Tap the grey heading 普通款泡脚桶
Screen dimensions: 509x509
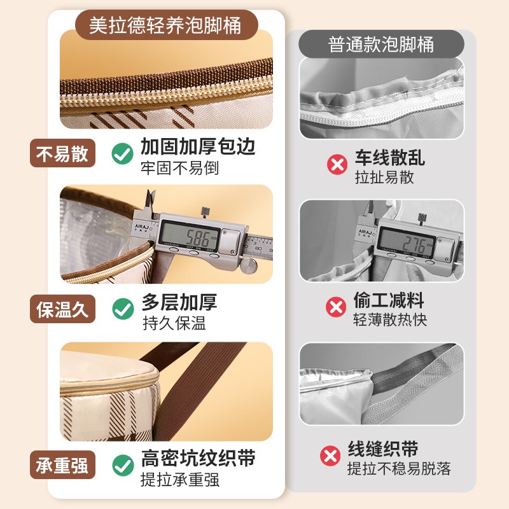coord(381,45)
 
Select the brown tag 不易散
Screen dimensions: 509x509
coord(62,154)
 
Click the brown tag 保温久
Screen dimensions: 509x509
coord(62,310)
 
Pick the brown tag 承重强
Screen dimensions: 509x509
coord(62,465)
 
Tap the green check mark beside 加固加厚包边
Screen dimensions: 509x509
coord(122,153)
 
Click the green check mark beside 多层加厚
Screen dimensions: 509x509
coord(122,309)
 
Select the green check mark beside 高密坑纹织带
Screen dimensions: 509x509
coord(122,465)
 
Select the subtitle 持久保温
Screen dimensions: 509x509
coord(174,323)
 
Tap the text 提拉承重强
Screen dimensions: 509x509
coord(180,479)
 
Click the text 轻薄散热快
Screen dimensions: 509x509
coord(390,319)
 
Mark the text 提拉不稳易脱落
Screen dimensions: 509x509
coord(398,469)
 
